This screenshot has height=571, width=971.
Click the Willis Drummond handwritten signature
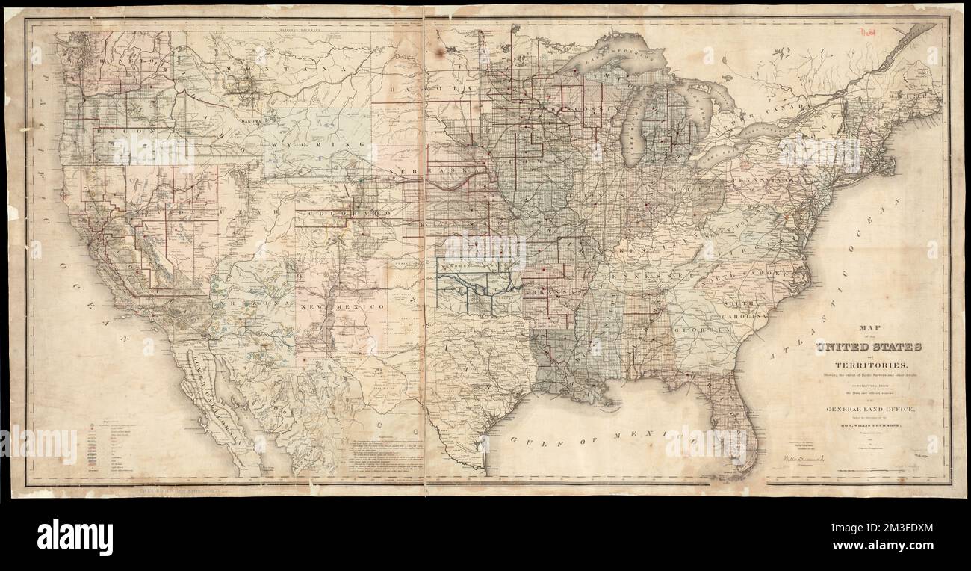(801, 454)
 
